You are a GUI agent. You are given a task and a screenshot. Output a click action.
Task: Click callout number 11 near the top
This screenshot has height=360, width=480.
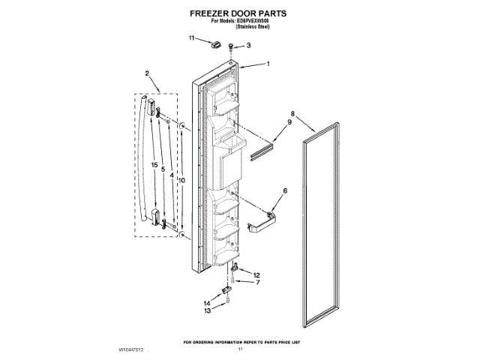(x=192, y=37)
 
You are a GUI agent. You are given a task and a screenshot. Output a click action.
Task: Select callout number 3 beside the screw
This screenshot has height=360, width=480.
(x=249, y=46)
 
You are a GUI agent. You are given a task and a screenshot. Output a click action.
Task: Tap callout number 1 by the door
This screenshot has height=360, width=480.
(x=268, y=64)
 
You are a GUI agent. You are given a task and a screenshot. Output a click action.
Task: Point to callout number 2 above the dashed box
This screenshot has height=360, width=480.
(x=147, y=73)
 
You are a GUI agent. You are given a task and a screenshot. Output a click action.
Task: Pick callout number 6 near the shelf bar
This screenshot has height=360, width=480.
(x=284, y=192)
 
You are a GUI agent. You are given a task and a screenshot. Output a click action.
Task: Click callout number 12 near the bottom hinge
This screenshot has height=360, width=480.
(x=256, y=275)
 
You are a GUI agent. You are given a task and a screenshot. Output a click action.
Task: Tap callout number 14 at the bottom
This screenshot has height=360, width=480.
(x=208, y=303)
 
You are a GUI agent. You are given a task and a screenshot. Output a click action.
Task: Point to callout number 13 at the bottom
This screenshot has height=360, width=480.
(x=208, y=310)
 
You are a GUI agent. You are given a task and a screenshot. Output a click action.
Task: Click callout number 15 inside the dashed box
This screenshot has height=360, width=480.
(x=154, y=164)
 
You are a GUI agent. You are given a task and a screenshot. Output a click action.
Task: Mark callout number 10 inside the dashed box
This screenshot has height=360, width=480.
(x=181, y=180)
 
